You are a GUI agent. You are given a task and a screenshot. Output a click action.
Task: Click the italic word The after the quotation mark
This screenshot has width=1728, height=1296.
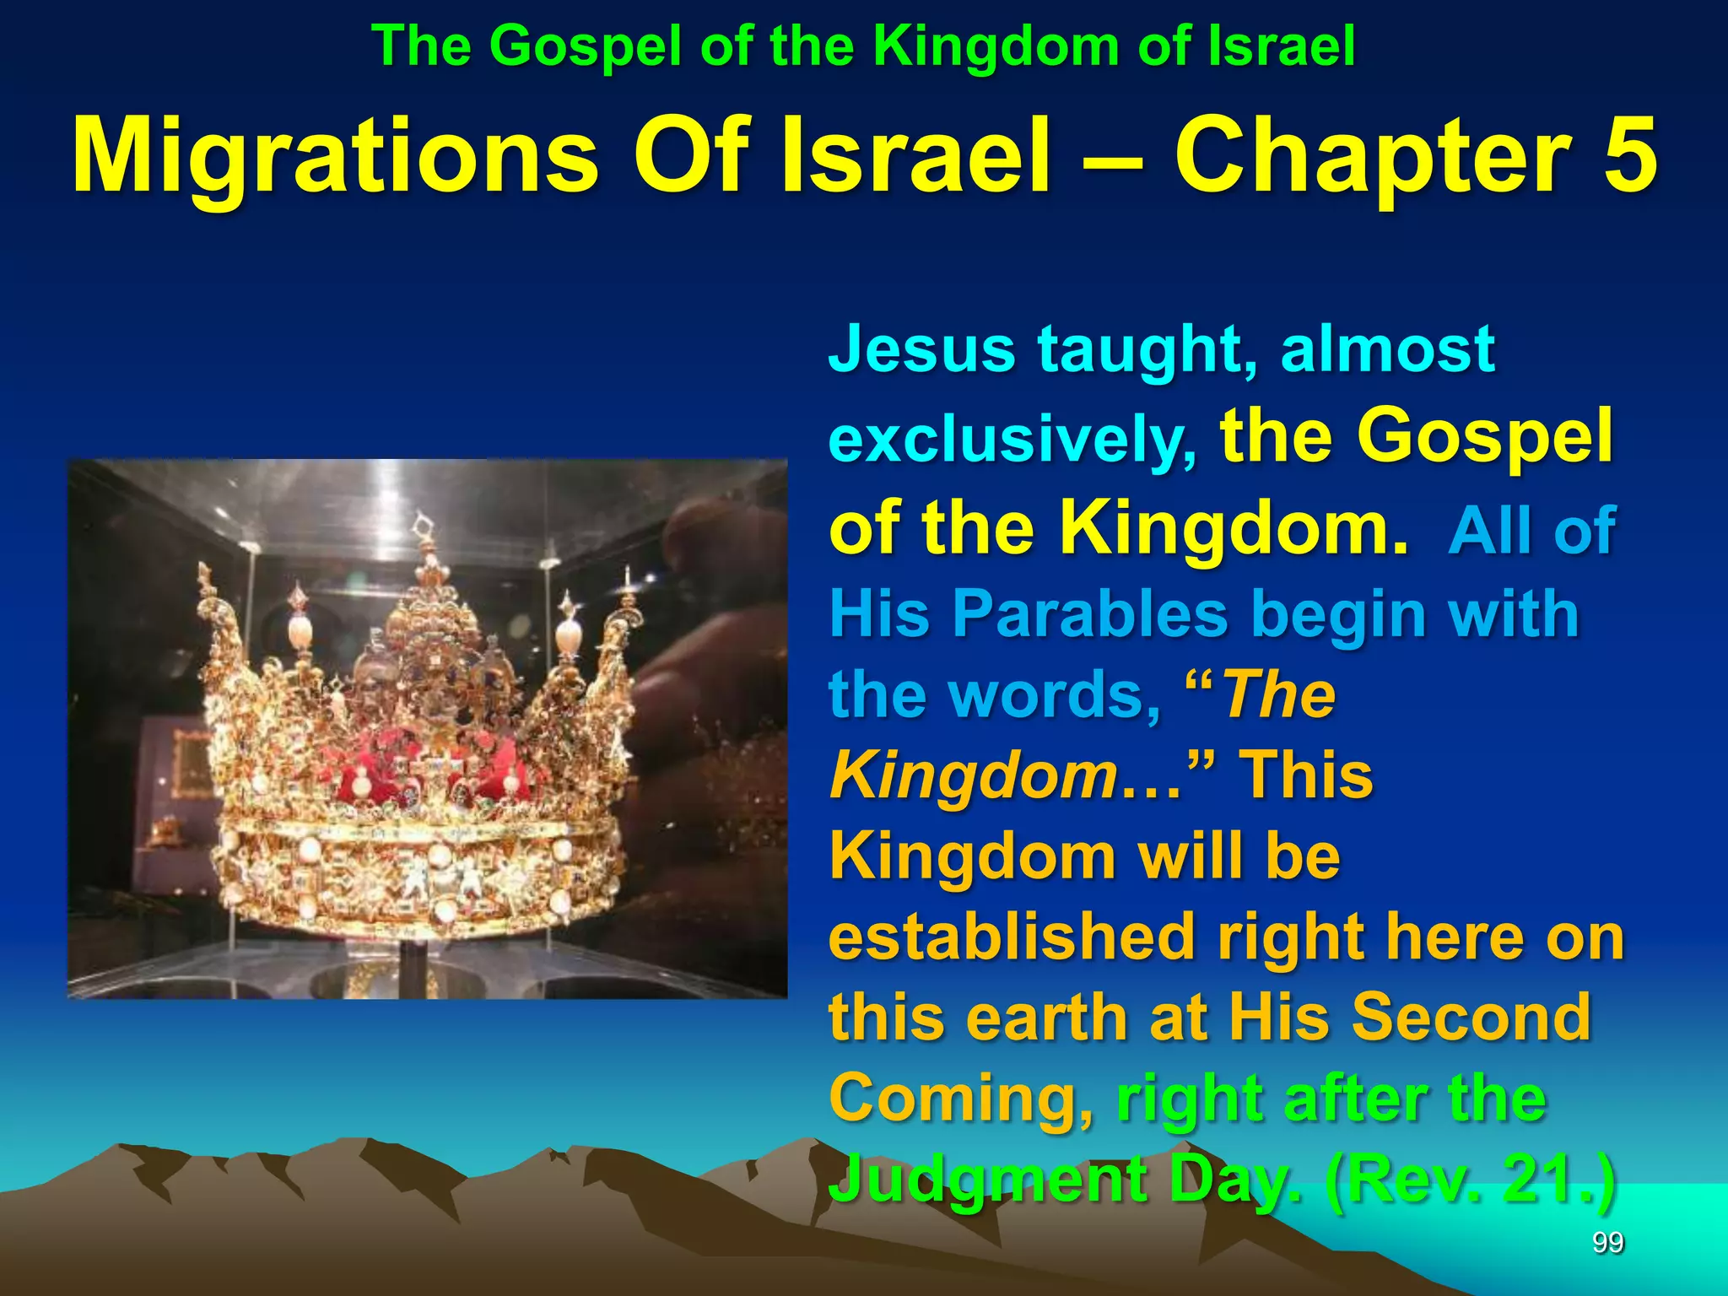pos(1279,695)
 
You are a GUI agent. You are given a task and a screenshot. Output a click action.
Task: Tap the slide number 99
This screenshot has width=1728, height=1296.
pos(1607,1243)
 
